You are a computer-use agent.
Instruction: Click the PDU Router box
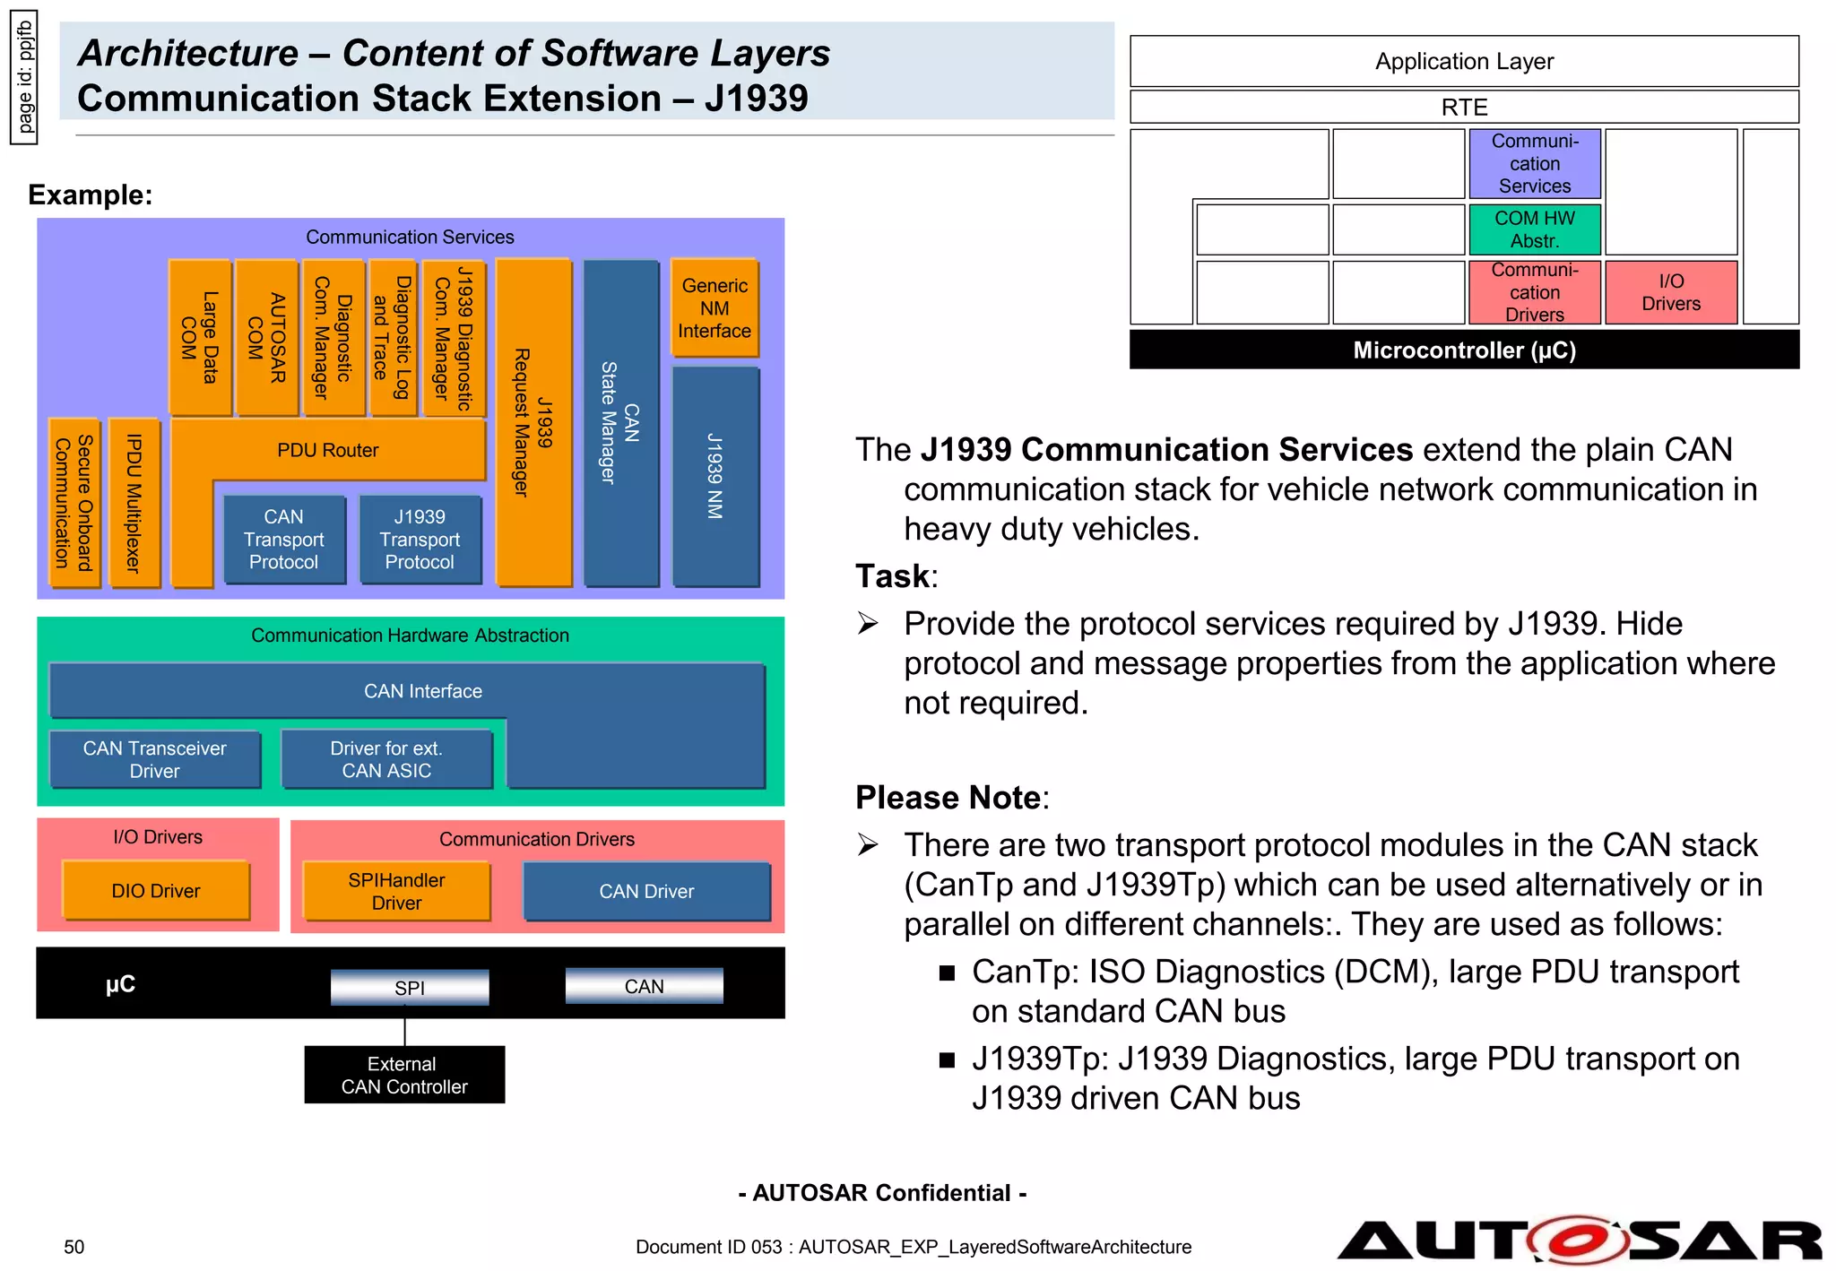[x=328, y=450]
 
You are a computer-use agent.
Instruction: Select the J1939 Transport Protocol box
[x=420, y=540]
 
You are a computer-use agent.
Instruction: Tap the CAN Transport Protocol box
[x=284, y=540]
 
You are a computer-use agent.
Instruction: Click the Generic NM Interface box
[x=714, y=308]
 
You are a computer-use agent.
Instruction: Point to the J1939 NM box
[x=715, y=477]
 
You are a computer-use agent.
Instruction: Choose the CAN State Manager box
[x=620, y=423]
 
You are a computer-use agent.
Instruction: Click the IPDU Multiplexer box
[x=134, y=503]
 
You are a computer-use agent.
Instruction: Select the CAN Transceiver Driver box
[x=154, y=759]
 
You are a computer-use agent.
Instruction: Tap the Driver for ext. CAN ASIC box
[x=386, y=759]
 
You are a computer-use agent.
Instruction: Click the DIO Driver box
[x=156, y=891]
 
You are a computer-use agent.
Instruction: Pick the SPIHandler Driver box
[x=396, y=891]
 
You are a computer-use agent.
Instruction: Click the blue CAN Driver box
[x=646, y=891]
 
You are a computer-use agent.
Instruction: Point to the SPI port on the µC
[x=410, y=988]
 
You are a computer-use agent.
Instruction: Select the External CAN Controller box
[x=404, y=1075]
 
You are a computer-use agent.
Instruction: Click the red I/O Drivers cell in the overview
[x=1670, y=292]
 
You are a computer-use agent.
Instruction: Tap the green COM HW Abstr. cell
[x=1534, y=229]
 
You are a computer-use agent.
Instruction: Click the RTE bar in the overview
[x=1463, y=107]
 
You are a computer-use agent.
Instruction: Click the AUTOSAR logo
[x=1579, y=1241]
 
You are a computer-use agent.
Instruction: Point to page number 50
[x=74, y=1247]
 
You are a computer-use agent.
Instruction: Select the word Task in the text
[x=892, y=576]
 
